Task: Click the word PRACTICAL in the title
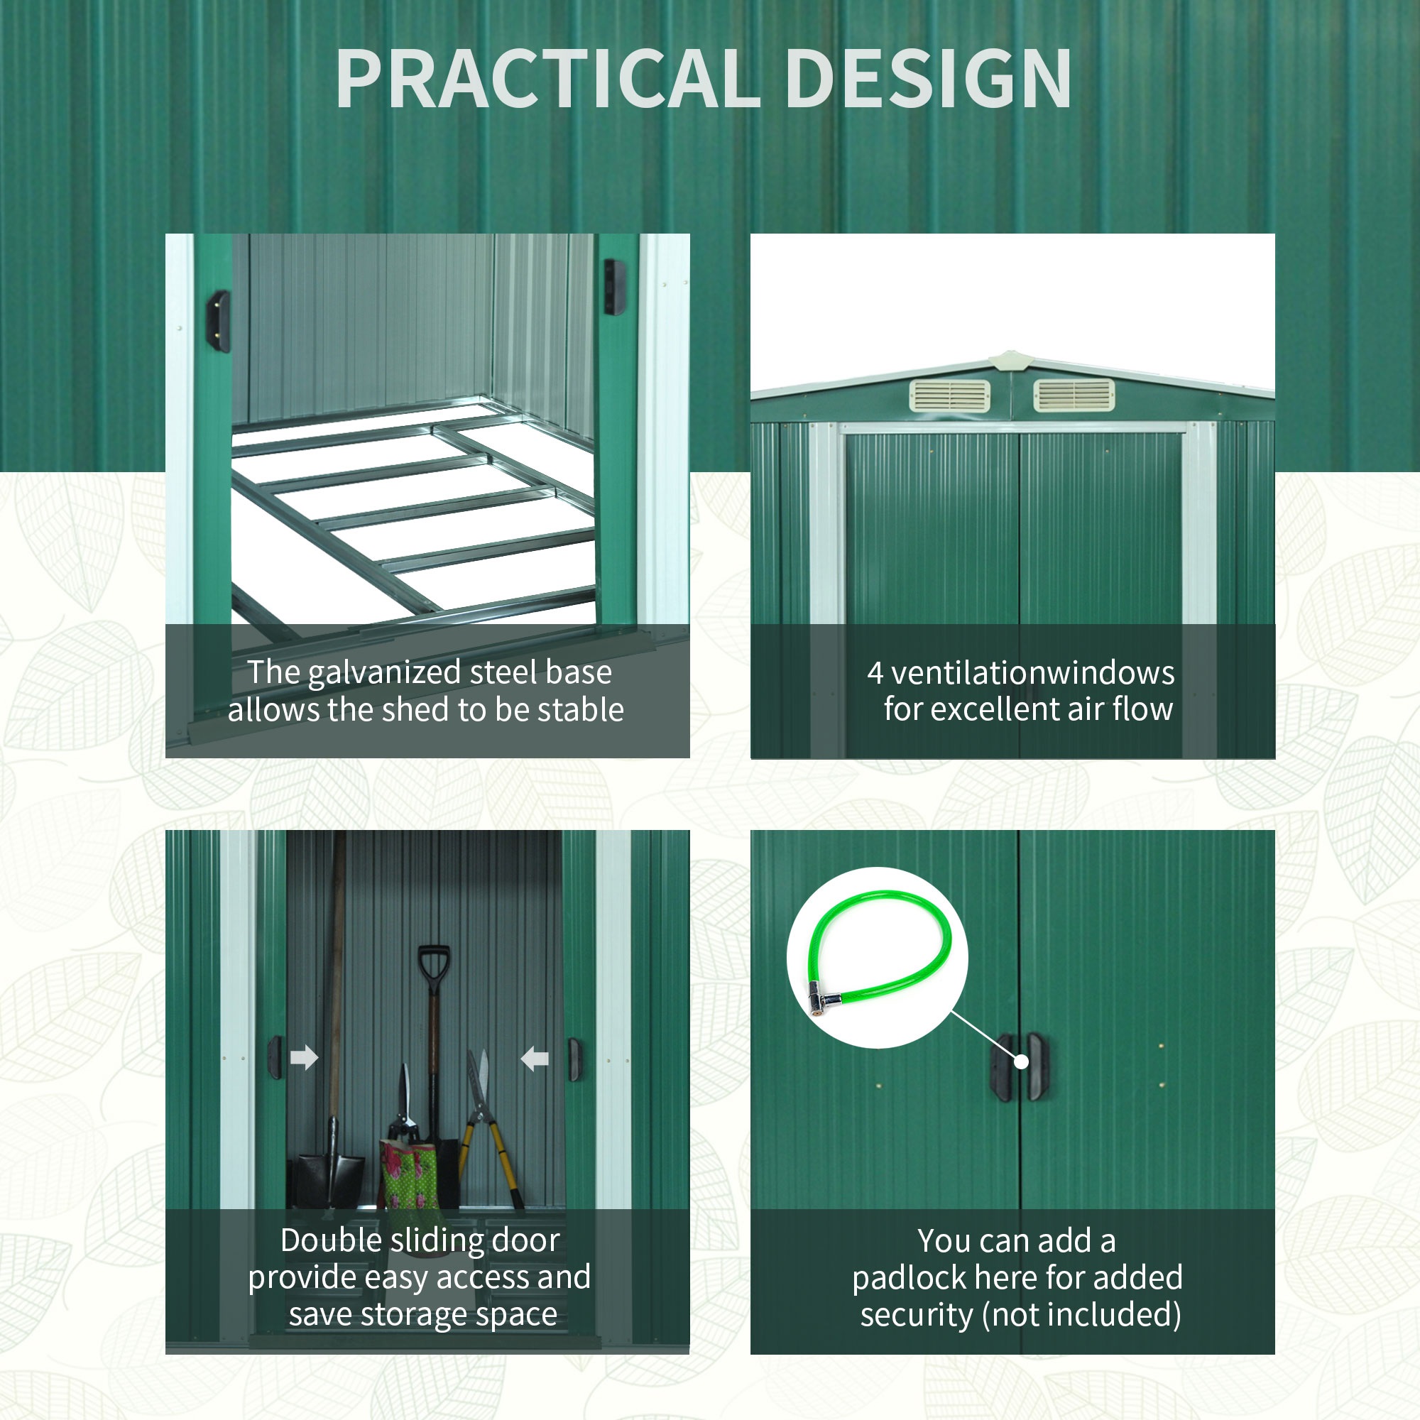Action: (x=547, y=79)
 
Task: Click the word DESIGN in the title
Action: (x=929, y=79)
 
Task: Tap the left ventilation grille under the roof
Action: (x=949, y=396)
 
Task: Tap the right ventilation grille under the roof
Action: (x=1074, y=396)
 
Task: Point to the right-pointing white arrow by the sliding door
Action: (x=305, y=1058)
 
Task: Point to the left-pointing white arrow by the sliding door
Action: (x=535, y=1059)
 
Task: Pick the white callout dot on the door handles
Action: (x=1021, y=1061)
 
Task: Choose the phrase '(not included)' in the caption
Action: (x=1082, y=1316)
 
